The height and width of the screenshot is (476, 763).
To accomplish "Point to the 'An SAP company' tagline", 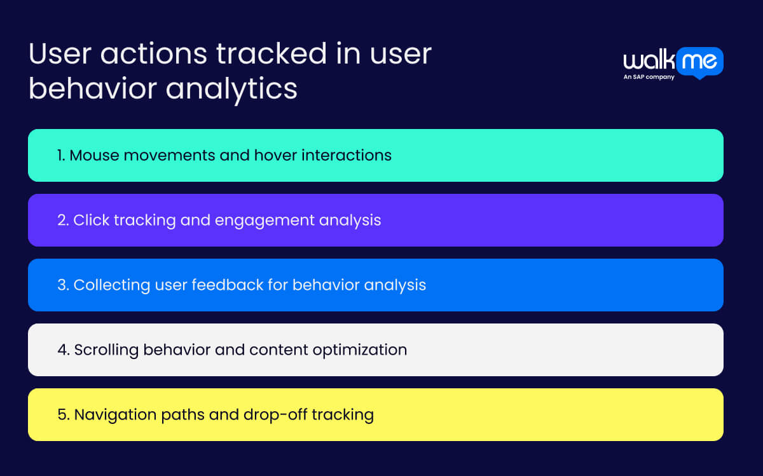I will pyautogui.click(x=649, y=78).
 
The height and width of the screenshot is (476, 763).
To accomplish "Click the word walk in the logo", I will pyautogui.click(x=647, y=62).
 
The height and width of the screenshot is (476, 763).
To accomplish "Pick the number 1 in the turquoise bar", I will pyautogui.click(x=60, y=155).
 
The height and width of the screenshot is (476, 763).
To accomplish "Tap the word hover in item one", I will pyautogui.click(x=272, y=155).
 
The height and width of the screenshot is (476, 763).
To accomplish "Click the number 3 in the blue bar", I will pyautogui.click(x=62, y=285).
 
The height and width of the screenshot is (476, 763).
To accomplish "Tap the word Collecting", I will pyautogui.click(x=112, y=285).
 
